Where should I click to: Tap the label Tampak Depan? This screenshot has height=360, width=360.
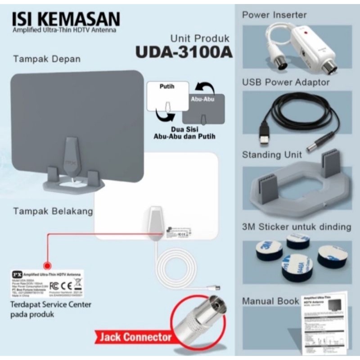tap(47, 59)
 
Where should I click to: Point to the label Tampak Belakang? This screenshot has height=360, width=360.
tap(53, 211)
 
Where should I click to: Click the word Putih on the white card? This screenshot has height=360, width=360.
tap(166, 85)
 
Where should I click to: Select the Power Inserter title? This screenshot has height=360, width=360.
tap(274, 14)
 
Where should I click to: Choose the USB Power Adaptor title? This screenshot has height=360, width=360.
tap(286, 82)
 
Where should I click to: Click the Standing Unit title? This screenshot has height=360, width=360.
tap(272, 155)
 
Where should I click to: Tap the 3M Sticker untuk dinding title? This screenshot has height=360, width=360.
tap(296, 226)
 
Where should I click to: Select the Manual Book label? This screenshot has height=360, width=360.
tap(270, 301)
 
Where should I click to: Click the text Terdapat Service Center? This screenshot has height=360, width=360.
tap(50, 305)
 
